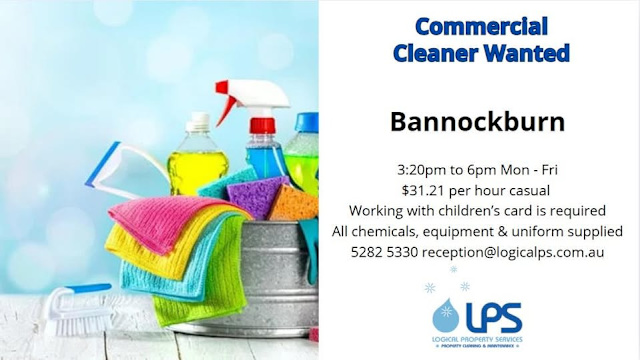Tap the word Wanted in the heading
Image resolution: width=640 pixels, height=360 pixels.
[526, 52]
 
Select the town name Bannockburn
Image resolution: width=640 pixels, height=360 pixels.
[477, 121]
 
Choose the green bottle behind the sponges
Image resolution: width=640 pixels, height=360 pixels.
[304, 150]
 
